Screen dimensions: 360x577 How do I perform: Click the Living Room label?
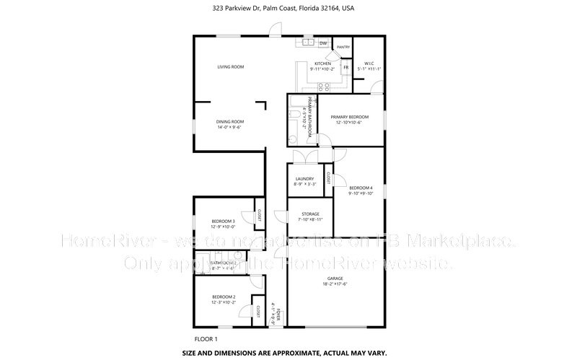click(231, 67)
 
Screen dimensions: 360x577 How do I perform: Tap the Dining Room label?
click(231, 121)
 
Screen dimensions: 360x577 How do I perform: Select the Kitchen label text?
click(322, 63)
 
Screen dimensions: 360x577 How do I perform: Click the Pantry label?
click(343, 47)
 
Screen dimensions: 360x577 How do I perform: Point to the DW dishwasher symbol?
click(323, 43)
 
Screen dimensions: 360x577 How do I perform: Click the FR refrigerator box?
click(345, 67)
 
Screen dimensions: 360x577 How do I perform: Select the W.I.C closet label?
click(369, 63)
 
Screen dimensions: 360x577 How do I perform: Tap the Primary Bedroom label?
click(349, 117)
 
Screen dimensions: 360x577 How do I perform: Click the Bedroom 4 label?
click(361, 188)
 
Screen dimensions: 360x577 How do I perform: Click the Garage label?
click(335, 278)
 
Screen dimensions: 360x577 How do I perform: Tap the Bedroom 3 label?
click(223, 221)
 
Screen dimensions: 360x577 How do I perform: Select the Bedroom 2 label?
click(223, 297)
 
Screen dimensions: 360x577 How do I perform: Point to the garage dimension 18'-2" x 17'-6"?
click(335, 284)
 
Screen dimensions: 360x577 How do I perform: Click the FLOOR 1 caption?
click(206, 338)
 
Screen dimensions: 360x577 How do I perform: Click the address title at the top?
click(288, 9)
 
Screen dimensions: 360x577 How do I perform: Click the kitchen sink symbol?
click(308, 43)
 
